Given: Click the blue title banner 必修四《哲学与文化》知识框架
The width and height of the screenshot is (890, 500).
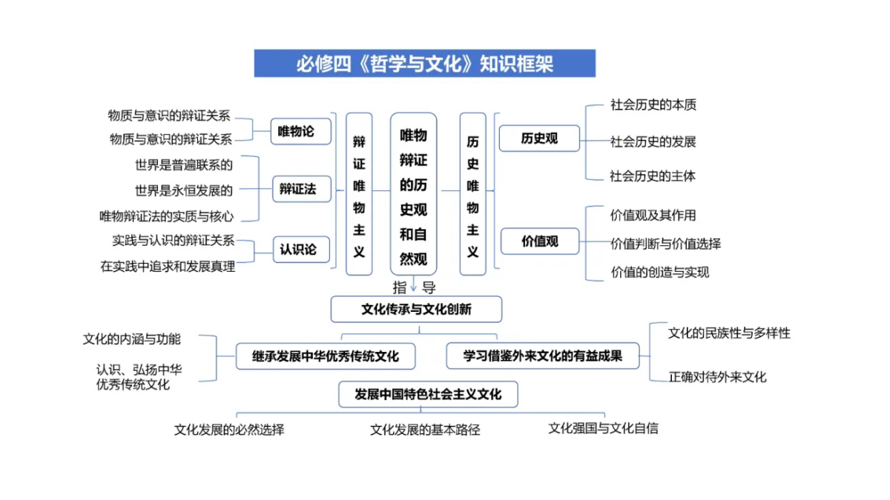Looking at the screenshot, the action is tap(425, 63).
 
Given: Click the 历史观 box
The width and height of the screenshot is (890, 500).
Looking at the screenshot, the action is tap(539, 139).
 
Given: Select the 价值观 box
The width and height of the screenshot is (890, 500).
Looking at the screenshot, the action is tap(540, 241).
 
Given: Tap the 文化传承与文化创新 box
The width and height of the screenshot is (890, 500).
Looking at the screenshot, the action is tap(416, 309).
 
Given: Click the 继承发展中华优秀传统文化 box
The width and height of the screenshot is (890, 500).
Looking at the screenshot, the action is tap(326, 356).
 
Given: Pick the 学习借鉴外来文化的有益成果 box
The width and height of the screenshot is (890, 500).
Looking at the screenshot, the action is tap(543, 356).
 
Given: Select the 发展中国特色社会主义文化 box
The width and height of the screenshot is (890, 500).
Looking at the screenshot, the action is tap(429, 394).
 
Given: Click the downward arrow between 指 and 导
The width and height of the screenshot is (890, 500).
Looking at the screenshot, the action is tap(414, 284).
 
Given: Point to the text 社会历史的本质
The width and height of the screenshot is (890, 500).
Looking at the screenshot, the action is tap(653, 104).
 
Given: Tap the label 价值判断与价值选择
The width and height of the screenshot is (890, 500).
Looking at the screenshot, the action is tap(665, 244).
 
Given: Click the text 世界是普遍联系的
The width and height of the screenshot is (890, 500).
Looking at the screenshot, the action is tap(184, 165).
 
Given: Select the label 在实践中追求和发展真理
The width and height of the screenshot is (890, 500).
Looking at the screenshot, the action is tap(168, 267).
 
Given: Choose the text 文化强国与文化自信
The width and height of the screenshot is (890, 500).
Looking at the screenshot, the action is tap(604, 429).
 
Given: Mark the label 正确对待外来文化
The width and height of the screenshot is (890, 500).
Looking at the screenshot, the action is tap(717, 377).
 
